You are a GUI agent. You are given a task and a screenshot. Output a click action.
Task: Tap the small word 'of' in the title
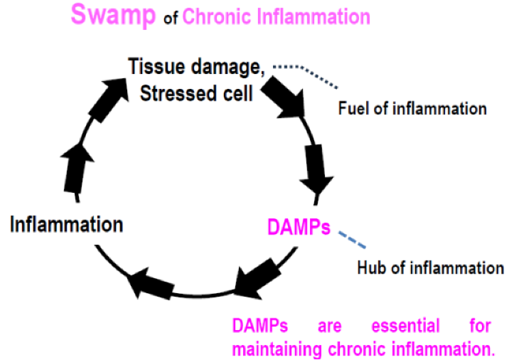tap(171, 18)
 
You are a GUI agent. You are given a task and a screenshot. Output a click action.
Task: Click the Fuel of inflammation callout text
tap(412, 109)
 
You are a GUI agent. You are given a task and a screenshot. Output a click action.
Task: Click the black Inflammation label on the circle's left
tap(66, 225)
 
